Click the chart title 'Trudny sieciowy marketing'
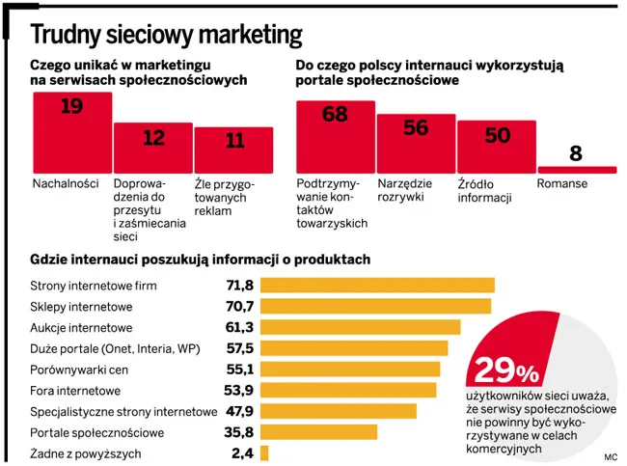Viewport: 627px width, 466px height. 166,35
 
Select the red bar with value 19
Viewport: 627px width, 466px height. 71,135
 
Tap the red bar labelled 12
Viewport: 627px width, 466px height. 152,150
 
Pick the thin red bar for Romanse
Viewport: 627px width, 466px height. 576,170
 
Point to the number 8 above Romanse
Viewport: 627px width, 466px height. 576,153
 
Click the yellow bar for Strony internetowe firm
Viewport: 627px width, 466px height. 377,286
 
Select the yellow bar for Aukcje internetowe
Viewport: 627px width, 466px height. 360,327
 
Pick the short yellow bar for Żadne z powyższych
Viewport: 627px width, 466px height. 264,453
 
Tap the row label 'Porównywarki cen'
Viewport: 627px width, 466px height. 80,370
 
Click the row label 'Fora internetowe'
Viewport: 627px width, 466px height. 75,391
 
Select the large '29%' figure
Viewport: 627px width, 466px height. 505,370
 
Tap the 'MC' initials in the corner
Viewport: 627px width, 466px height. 611,454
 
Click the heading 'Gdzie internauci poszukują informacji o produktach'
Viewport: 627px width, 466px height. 200,260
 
